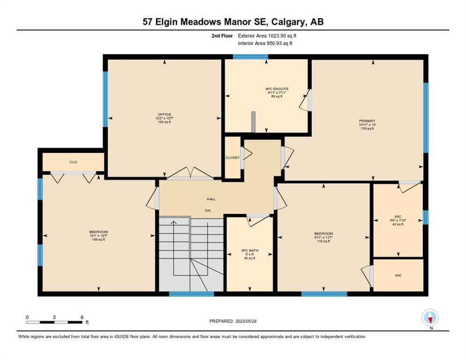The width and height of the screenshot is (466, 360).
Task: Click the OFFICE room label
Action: (165, 114)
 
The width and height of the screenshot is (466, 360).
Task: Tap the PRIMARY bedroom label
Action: (367, 121)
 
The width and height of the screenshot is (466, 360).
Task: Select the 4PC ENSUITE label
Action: (277, 89)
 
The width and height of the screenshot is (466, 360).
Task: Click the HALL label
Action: (211, 199)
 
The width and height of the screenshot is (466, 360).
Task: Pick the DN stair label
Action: (208, 210)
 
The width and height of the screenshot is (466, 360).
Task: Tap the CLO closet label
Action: (74, 162)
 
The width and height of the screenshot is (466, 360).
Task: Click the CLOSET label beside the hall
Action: (233, 157)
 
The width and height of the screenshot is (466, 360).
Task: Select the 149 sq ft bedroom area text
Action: (98, 240)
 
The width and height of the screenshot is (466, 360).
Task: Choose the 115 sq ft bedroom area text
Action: (323, 241)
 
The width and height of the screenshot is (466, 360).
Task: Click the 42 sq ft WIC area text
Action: (398, 225)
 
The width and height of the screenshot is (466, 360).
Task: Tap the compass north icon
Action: (430, 317)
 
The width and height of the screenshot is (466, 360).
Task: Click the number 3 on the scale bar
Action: (54, 317)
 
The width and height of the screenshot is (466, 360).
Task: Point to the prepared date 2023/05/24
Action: (246, 322)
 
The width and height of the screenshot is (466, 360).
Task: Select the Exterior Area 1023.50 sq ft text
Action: (267, 36)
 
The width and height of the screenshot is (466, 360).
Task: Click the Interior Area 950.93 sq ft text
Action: (265, 44)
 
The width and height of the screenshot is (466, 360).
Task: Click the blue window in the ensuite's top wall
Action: (250, 57)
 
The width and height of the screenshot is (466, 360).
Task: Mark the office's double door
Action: (190, 174)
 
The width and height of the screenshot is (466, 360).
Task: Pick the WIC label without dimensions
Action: (398, 276)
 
